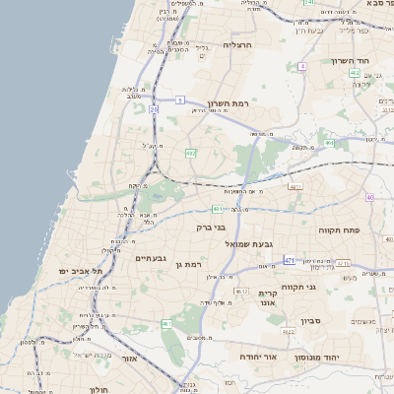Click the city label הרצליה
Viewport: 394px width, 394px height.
[x=238, y=45]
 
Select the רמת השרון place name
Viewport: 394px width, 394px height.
[x=231, y=101]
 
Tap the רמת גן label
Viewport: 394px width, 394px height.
[x=184, y=264]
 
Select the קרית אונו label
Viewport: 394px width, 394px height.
[x=267, y=298]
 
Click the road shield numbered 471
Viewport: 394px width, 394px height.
[x=290, y=260]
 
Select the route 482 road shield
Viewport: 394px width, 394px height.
[x=191, y=153]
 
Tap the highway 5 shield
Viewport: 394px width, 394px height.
[x=180, y=99]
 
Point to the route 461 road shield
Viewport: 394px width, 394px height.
[x=166, y=324]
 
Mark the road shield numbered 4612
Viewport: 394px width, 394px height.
[x=241, y=292]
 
